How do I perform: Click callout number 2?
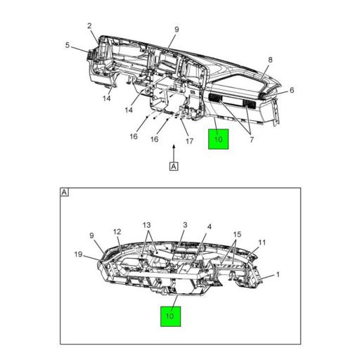pyautogui.click(x=90, y=27)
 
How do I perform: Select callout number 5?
pyautogui.click(x=67, y=46)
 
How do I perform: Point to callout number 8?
pyautogui.click(x=270, y=60)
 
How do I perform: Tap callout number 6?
pyautogui.click(x=291, y=90)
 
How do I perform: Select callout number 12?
pyautogui.click(x=117, y=231)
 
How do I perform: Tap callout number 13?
pyautogui.click(x=146, y=225)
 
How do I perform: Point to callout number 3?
pyautogui.click(x=184, y=225)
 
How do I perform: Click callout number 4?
pyautogui.click(x=210, y=227)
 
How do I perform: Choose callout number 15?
pyautogui.click(x=238, y=233)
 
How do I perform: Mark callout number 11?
pyautogui.click(x=261, y=243)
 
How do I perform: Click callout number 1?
pyautogui.click(x=278, y=274)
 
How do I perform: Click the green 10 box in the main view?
pyautogui.click(x=218, y=139)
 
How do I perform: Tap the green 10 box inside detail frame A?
pyautogui.click(x=169, y=316)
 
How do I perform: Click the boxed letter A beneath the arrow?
pyautogui.click(x=173, y=167)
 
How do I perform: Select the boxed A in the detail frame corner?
pyautogui.click(x=65, y=192)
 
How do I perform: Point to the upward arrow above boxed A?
pyautogui.click(x=173, y=150)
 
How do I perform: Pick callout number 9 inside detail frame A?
pyautogui.click(x=91, y=235)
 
